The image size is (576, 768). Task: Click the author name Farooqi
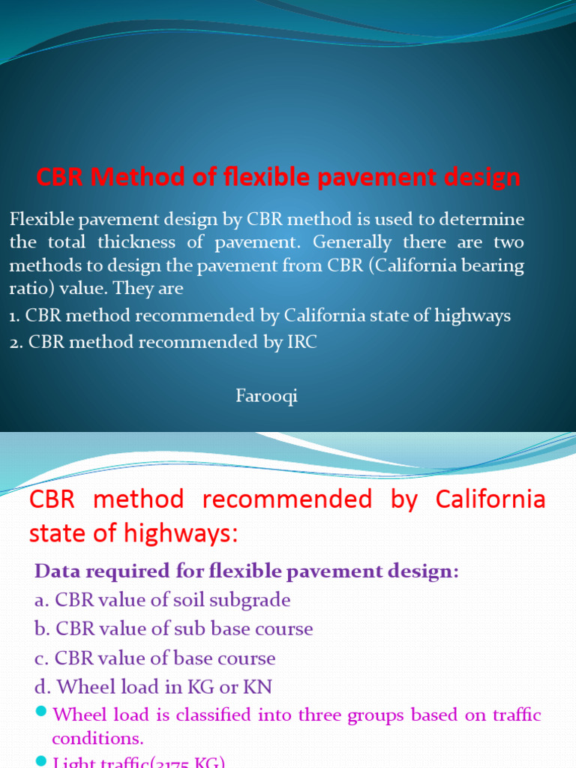pos(266,397)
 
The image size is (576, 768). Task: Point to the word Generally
pos(352,243)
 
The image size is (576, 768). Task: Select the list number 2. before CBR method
pos(16,342)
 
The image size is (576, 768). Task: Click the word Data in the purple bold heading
pos(56,571)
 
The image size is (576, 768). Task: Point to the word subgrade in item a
pos(252,600)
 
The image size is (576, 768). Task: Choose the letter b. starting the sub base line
pos(43,628)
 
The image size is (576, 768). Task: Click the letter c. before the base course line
pos(43,658)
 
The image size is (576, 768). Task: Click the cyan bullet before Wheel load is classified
pos(40,711)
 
